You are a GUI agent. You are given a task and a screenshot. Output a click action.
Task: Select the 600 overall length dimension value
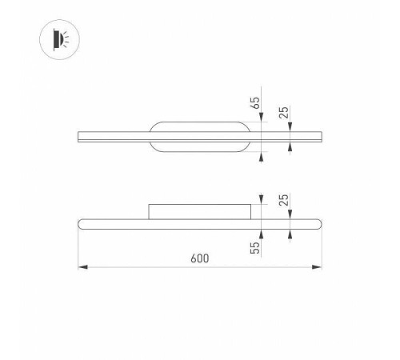tap(200, 258)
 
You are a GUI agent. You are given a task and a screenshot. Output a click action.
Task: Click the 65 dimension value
tap(255, 102)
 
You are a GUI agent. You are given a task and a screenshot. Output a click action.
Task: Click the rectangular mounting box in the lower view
tap(200, 211)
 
